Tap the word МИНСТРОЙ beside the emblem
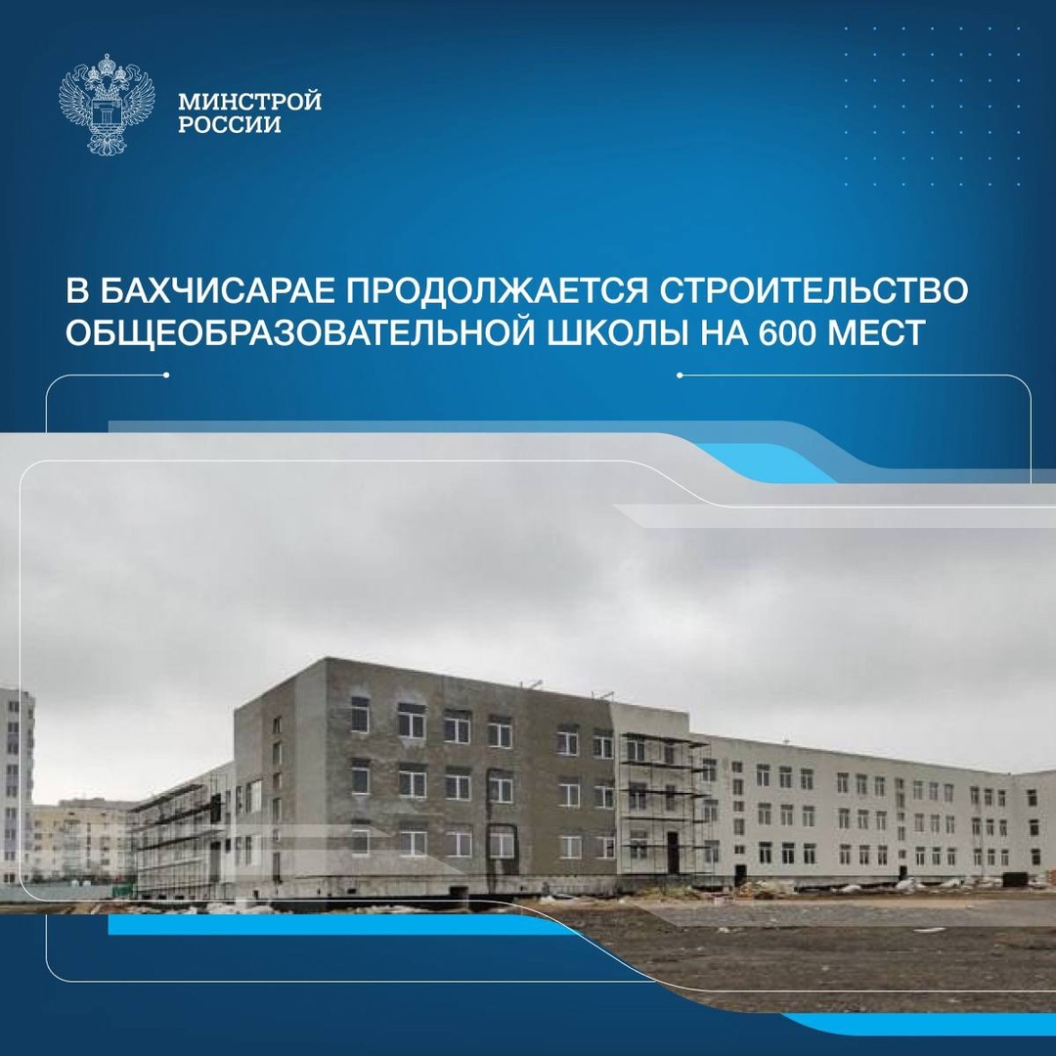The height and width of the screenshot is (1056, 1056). point(250,102)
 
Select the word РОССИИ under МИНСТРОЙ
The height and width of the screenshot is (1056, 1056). point(230,125)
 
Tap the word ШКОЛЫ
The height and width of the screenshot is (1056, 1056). point(659,333)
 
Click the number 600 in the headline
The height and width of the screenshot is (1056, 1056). point(792,333)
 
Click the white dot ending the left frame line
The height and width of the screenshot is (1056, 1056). point(167,374)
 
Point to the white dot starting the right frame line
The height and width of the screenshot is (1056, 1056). point(680,374)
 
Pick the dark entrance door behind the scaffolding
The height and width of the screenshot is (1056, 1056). point(673,852)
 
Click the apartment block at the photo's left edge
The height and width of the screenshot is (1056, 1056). point(16,782)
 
